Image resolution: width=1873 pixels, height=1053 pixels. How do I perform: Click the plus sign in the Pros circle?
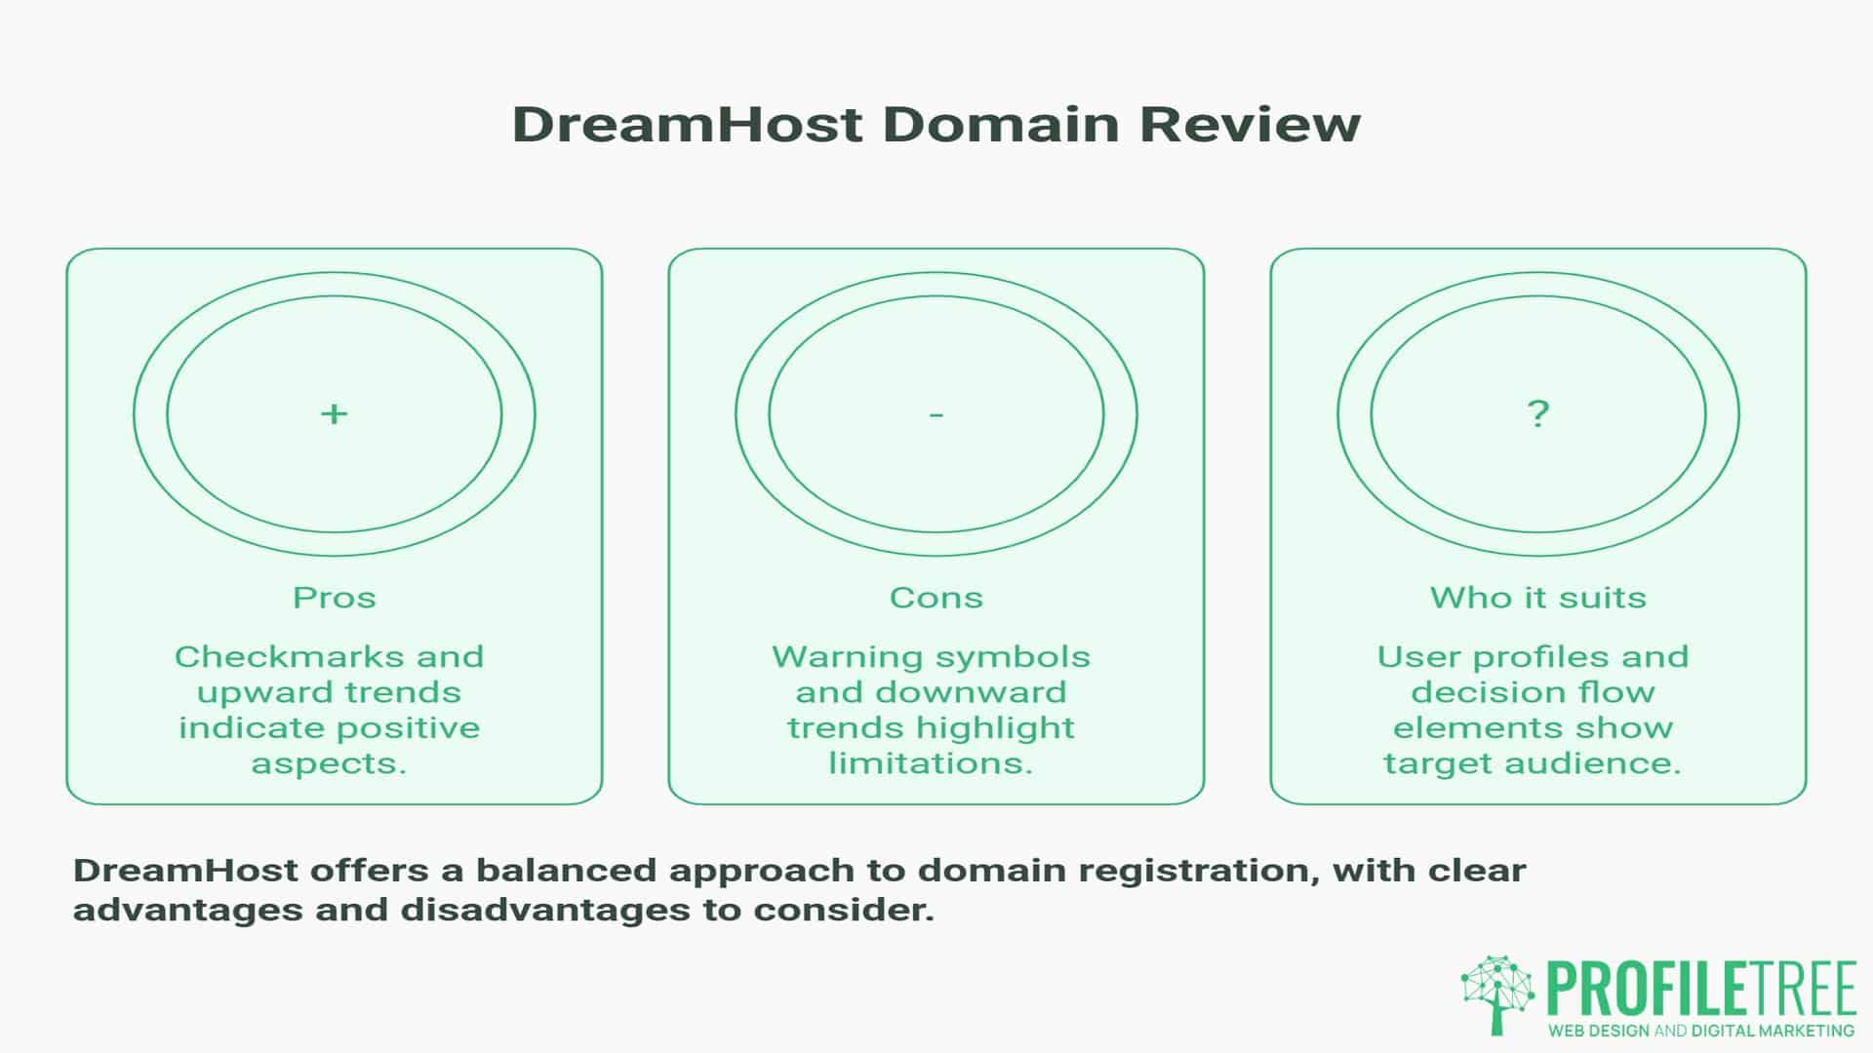pos(334,414)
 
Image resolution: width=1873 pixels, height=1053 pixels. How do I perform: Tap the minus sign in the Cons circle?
pos(936,415)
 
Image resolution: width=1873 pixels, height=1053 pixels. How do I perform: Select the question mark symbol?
pos(1537,413)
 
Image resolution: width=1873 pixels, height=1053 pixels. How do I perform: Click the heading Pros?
pos(334,597)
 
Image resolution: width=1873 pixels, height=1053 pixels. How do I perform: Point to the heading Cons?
pos(936,597)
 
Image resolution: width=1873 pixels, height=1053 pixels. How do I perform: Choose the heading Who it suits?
pos(1537,597)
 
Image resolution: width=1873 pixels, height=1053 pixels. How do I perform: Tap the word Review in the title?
pos(1250,125)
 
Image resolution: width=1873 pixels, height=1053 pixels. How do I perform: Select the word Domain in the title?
pos(1002,125)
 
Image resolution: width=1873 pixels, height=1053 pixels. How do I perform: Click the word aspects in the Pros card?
pos(328,762)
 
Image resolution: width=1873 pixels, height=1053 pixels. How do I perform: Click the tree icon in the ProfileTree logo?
pos(1497,994)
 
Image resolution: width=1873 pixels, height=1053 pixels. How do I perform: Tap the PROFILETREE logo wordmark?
pos(1700,989)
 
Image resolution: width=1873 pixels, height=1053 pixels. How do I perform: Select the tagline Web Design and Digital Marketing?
pos(1701,1031)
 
